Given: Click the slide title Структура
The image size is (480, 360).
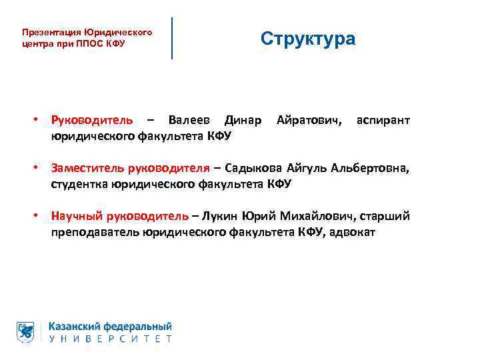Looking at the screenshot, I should (x=308, y=39).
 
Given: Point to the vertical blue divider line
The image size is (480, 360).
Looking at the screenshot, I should (x=173, y=38).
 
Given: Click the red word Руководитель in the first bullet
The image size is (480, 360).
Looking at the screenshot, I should (x=92, y=121).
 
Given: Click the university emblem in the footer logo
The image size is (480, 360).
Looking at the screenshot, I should (x=25, y=332).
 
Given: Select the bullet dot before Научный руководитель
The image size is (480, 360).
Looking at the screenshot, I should (x=37, y=216).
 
